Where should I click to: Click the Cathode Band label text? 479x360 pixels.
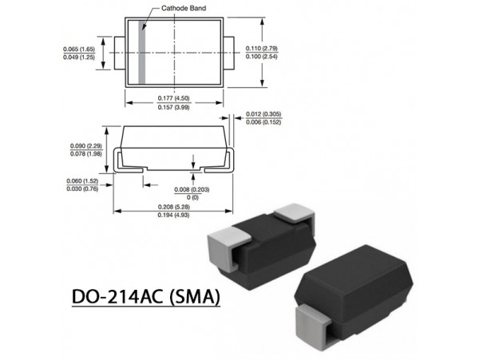point(185,8)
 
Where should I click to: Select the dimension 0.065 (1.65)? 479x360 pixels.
point(80,49)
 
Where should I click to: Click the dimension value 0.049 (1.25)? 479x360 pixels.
point(80,57)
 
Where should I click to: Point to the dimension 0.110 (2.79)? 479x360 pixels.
point(266,49)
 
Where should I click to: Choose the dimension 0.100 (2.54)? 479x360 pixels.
point(266,57)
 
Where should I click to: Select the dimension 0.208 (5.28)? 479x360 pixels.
point(173,207)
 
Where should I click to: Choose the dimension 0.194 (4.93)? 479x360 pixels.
point(173,216)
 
